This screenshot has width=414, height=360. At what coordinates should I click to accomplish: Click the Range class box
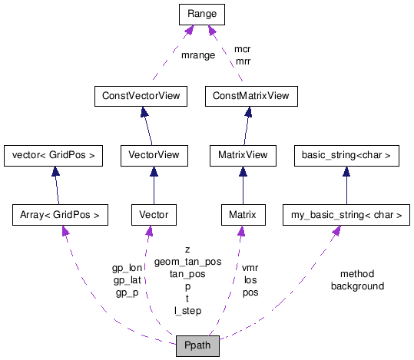(200, 14)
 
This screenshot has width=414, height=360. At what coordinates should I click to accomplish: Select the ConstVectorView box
(141, 96)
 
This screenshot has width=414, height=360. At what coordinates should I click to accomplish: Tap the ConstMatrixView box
(251, 96)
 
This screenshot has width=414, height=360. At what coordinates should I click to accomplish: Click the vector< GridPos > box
(53, 155)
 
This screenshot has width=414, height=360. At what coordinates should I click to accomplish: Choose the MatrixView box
(243, 155)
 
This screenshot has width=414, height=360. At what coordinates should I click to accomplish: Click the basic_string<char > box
(346, 155)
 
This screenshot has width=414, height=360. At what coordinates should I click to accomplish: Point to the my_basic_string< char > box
(346, 214)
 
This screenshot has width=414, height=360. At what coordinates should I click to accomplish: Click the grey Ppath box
(197, 346)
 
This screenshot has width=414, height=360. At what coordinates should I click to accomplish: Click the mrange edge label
(197, 55)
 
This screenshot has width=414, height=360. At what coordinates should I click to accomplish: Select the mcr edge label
(242, 49)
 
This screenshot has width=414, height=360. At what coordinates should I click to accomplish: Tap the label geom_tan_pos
(187, 262)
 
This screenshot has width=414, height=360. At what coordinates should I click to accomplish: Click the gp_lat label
(127, 280)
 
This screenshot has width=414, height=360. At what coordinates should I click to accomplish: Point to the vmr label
(250, 268)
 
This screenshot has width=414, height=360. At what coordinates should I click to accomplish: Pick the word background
(357, 286)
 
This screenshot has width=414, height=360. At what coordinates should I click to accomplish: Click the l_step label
(187, 311)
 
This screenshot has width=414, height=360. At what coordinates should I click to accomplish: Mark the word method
(357, 274)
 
